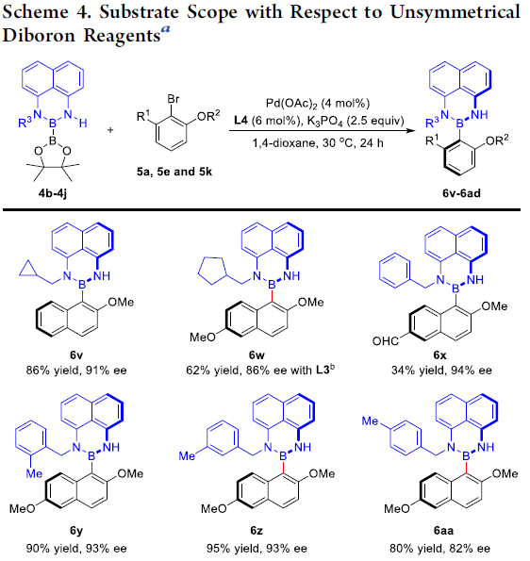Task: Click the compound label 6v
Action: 76,355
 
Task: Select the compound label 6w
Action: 257,355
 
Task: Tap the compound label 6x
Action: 439,355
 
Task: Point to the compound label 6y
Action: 76,531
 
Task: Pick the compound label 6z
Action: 257,531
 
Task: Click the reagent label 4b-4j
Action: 53,193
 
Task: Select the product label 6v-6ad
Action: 461,193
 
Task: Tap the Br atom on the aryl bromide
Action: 174,99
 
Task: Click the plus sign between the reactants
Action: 110,130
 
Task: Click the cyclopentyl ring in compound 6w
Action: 212,271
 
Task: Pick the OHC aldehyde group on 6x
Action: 386,341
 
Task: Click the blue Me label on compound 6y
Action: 34,473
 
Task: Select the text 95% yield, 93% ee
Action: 257,549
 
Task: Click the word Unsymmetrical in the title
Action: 455,12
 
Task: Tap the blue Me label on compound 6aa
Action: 370,421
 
